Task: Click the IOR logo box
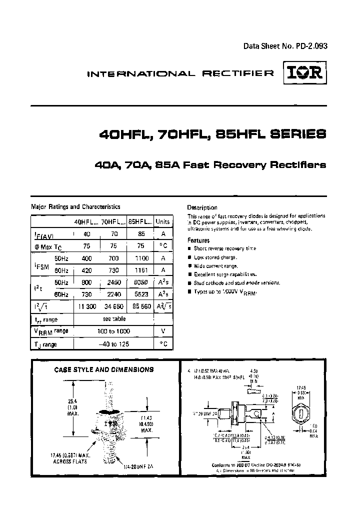click(305, 74)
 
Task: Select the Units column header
click(162, 221)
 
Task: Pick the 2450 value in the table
click(110, 282)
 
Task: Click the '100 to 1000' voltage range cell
click(113, 331)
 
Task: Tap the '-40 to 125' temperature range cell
click(113, 344)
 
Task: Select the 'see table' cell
click(113, 318)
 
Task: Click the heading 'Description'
click(202, 207)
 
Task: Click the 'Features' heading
click(198, 240)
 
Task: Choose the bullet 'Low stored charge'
click(215, 257)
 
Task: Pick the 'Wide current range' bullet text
click(216, 265)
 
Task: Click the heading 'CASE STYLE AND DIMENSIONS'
click(104, 369)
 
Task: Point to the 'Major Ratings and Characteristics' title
click(75, 206)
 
